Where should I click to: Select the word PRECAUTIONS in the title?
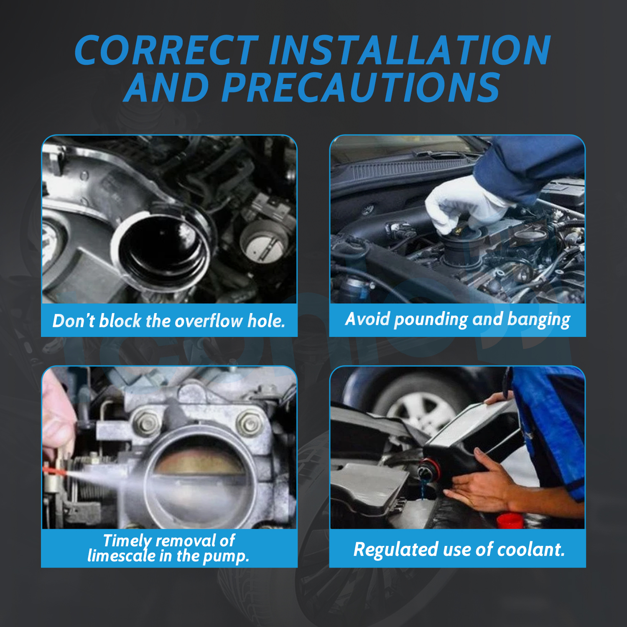tap(361, 87)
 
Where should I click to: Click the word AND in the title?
tap(167, 87)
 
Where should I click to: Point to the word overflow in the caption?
tap(209, 321)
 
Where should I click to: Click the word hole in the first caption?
tap(266, 321)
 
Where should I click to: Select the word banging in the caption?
tap(538, 320)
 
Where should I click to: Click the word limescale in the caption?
tap(122, 556)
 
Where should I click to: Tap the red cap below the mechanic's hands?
tap(510, 521)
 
